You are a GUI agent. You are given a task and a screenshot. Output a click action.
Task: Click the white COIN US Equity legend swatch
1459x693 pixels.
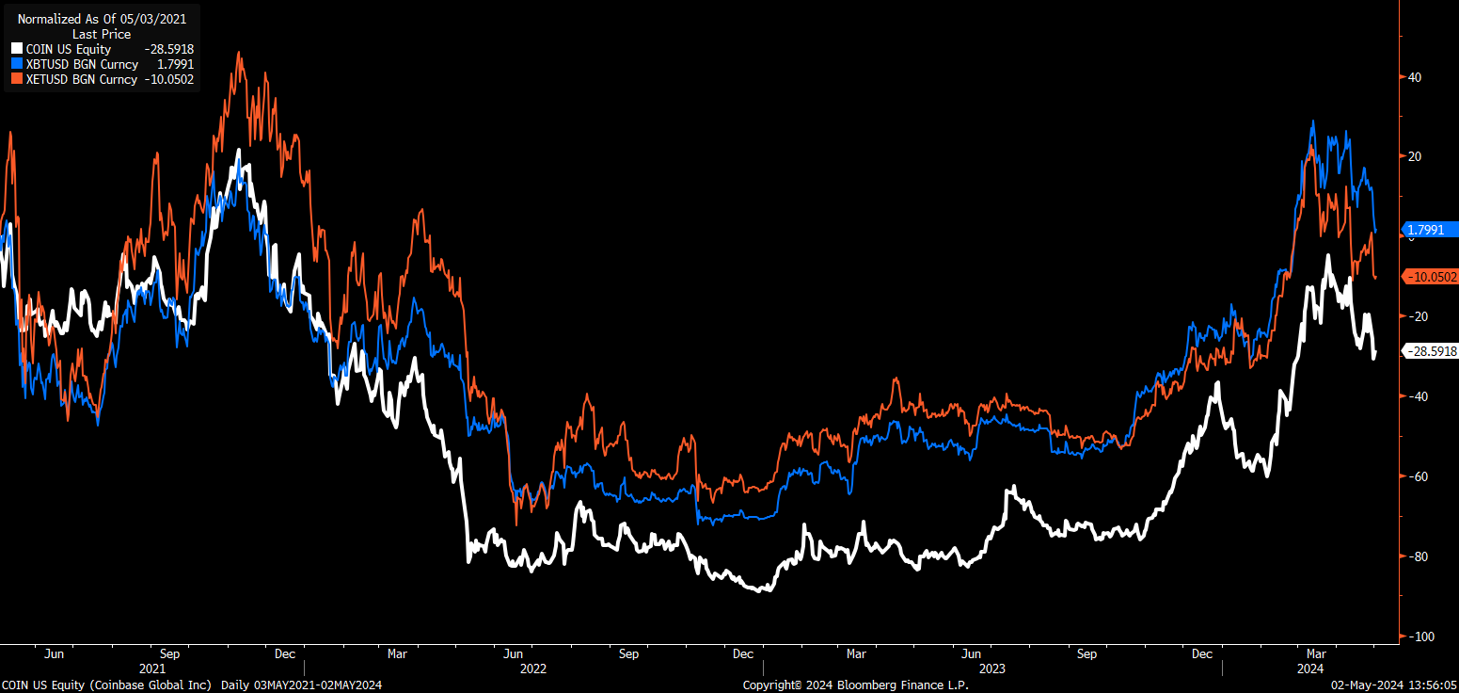pos(17,49)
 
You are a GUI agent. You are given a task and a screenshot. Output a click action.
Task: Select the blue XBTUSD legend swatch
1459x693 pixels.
pos(17,64)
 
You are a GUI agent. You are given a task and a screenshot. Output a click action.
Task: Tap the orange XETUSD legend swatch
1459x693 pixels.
pos(17,79)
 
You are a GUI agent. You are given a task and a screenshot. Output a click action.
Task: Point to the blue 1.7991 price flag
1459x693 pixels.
pos(1428,229)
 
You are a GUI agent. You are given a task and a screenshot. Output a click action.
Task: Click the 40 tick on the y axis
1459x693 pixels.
pos(1414,77)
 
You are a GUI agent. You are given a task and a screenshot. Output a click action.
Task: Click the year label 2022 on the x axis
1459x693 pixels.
pos(531,669)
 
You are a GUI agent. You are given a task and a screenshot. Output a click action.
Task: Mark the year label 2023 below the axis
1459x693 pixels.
pos(991,669)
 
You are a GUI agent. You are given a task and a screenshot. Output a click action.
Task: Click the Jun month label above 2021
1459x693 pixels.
pos(55,653)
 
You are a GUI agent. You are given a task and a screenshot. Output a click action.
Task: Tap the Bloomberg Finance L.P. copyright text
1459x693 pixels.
pos(855,685)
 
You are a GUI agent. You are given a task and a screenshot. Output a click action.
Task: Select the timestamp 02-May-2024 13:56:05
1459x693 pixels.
pos(1392,685)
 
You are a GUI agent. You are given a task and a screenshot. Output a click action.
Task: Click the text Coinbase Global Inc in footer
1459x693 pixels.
pos(152,685)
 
